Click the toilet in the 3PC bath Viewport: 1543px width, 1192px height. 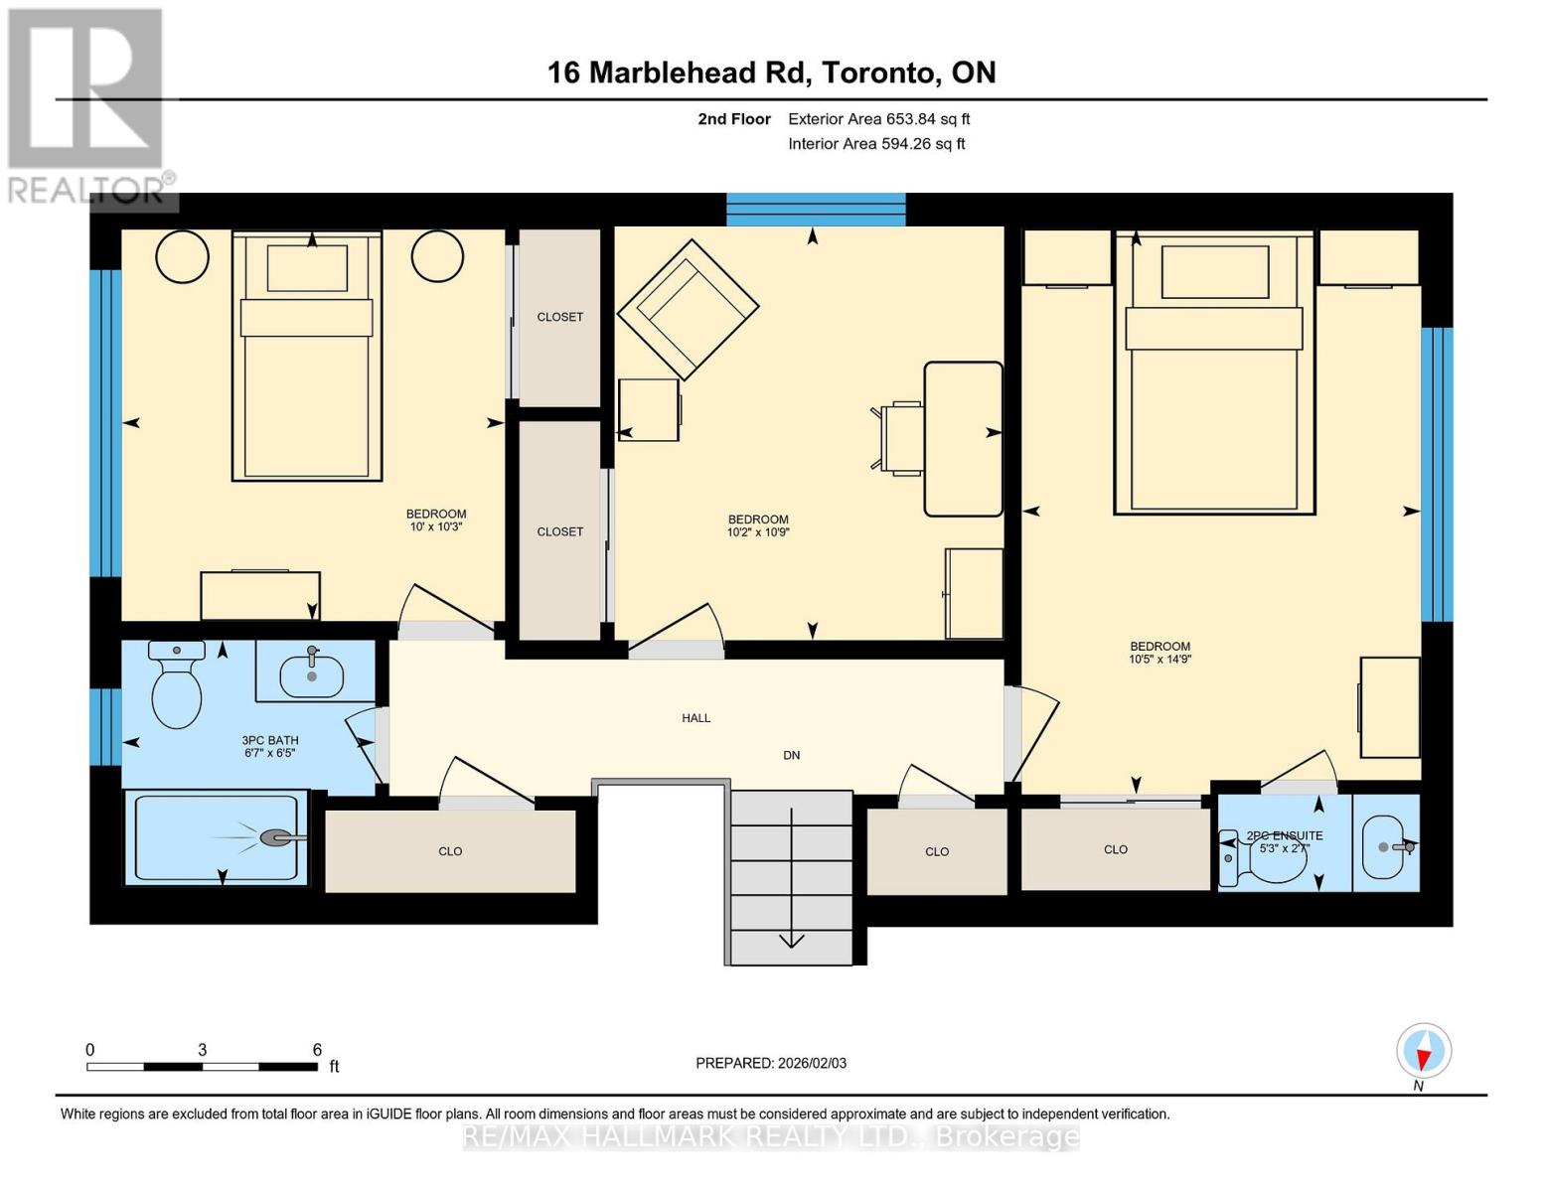click(176, 687)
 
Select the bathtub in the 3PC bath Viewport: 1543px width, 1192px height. click(216, 837)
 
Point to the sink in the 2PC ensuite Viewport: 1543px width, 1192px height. click(1385, 847)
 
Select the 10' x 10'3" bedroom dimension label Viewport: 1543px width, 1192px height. click(435, 526)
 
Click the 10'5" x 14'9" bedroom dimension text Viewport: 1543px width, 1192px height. click(1159, 659)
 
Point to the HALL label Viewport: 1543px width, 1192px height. click(695, 718)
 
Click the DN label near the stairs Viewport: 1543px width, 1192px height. click(791, 755)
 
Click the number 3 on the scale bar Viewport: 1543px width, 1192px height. click(202, 1050)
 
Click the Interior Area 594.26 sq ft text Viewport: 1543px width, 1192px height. click(876, 144)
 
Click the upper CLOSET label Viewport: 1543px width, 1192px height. click(559, 317)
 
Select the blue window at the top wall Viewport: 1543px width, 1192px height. click(816, 210)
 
